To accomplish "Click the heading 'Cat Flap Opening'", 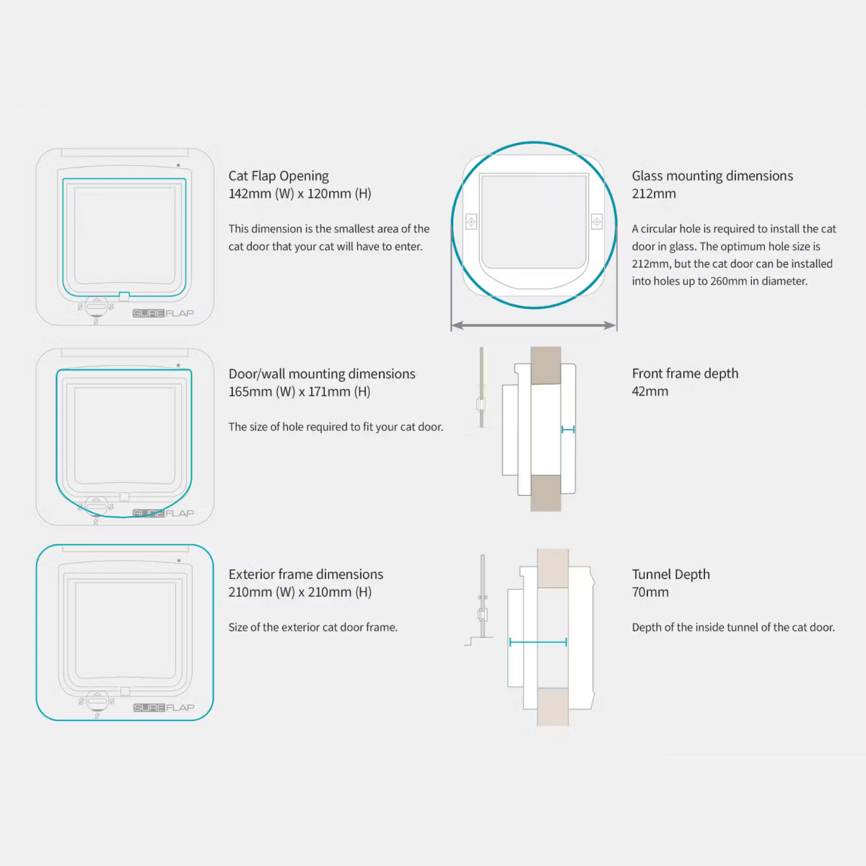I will [279, 176].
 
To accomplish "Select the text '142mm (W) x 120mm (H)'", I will [299, 193].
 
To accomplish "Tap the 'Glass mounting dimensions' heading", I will [712, 176].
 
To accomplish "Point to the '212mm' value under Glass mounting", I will [654, 193].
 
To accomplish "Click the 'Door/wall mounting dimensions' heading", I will [322, 374].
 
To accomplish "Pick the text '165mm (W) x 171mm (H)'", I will [299, 392].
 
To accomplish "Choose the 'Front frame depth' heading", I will [685, 374].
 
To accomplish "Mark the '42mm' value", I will [650, 391].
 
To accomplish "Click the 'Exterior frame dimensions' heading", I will [306, 574].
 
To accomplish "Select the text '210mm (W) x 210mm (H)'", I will [300, 592].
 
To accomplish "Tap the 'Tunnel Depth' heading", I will [671, 574].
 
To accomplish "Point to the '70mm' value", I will [650, 592].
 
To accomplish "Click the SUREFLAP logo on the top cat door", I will [164, 313].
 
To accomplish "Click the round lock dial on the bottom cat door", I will [97, 700].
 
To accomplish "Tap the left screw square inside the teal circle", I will [471, 222].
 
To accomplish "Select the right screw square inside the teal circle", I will [597, 222].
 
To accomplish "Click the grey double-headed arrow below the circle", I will [534, 325].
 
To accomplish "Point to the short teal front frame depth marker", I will [568, 429].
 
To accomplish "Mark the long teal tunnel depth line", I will [538, 642].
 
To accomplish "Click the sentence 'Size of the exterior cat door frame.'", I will [313, 627].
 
